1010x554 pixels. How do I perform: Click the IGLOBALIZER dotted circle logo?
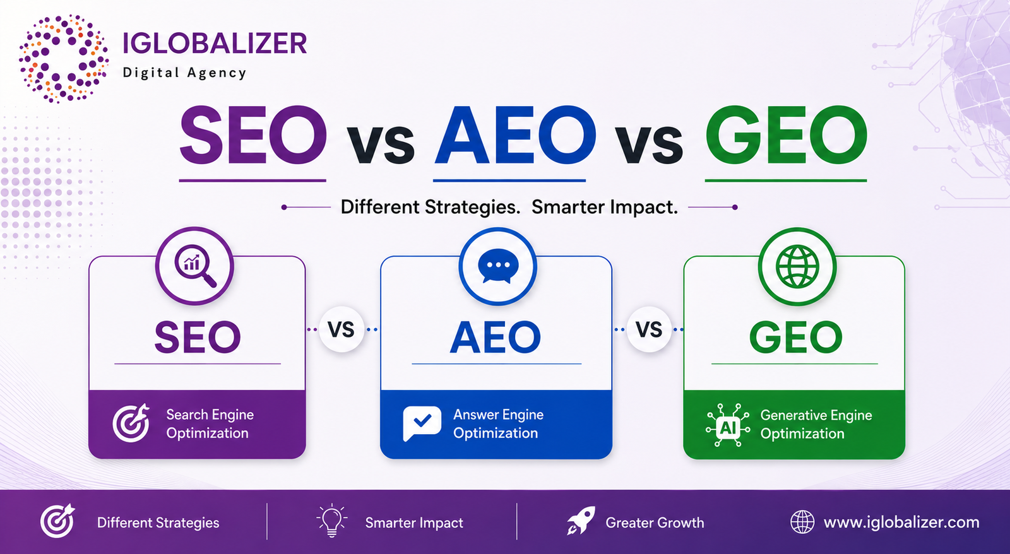click(x=63, y=59)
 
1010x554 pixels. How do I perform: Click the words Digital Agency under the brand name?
click(x=185, y=73)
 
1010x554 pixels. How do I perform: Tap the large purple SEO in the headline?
click(x=253, y=135)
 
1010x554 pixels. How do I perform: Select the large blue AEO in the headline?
click(x=515, y=135)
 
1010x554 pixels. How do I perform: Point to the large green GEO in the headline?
click(x=786, y=135)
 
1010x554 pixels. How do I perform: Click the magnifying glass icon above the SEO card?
click(x=195, y=266)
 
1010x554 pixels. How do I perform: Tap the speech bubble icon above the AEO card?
click(x=498, y=266)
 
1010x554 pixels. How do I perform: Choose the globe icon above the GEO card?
click(x=797, y=266)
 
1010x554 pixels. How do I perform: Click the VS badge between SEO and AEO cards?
click(x=342, y=329)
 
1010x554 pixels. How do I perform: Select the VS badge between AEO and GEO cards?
click(x=650, y=329)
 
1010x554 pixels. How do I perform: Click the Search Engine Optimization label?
click(x=210, y=424)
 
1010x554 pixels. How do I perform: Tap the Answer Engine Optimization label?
click(x=498, y=424)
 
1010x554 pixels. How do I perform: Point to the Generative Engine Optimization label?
click(x=816, y=424)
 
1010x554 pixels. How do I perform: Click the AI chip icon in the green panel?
click(x=728, y=425)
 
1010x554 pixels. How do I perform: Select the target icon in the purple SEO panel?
click(x=131, y=423)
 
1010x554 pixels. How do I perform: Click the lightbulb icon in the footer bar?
click(x=332, y=521)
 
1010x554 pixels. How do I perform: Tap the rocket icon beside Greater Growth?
click(x=581, y=520)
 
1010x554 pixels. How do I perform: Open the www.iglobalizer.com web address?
click(x=901, y=522)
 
